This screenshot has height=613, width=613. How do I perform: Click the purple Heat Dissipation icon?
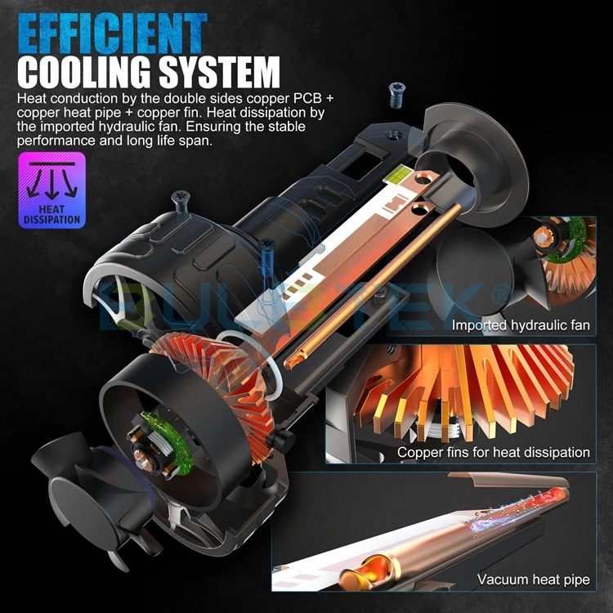(51, 190)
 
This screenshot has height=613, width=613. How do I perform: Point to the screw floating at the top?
(397, 95)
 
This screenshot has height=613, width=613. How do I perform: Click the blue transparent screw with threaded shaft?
(268, 260)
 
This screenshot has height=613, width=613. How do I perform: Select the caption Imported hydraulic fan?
(521, 324)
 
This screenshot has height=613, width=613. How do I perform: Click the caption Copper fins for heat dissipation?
(494, 452)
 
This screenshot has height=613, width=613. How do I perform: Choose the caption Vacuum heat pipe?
(533, 579)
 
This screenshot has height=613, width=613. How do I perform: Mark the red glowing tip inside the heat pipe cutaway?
(554, 497)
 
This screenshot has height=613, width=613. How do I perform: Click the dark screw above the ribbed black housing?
(181, 200)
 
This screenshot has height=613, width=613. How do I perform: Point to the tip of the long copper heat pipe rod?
(289, 364)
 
